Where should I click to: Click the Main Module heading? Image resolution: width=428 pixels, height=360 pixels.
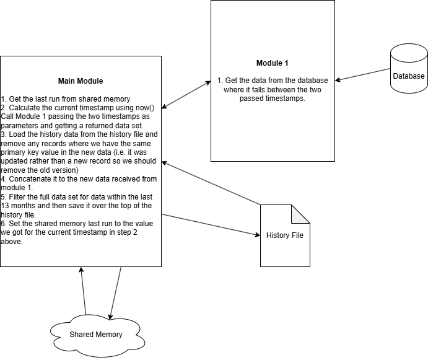click(81, 81)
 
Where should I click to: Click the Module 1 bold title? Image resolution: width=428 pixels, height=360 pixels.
click(272, 63)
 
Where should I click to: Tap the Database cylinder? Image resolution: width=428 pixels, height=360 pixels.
click(409, 68)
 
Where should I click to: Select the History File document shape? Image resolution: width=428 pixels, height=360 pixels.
click(285, 235)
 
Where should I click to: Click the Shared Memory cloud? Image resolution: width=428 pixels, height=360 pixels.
click(97, 335)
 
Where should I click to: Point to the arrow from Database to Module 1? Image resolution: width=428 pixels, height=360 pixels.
click(362, 74)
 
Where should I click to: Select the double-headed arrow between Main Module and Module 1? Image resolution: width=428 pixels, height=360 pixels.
click(186, 95)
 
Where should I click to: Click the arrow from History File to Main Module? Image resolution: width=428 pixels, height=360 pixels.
click(211, 183)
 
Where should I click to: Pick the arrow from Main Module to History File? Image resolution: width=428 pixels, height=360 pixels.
click(211, 225)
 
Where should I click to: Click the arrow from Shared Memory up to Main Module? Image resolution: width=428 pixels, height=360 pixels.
click(83, 291)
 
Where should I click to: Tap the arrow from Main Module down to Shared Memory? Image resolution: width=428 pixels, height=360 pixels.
click(115, 293)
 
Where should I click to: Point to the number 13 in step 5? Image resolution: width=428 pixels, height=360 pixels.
click(4, 206)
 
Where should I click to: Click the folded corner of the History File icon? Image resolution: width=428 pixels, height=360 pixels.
click(300, 214)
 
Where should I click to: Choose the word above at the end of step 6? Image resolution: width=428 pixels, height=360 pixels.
click(12, 242)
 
